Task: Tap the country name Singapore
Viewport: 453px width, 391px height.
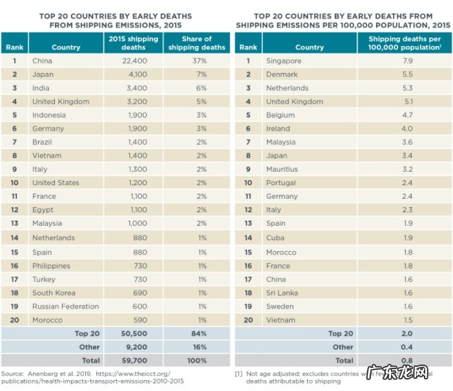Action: pos(284,61)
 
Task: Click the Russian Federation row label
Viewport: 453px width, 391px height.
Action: pos(65,306)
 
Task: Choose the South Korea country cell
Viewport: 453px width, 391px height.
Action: pos(54,293)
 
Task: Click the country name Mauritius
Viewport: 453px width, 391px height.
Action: pos(282,169)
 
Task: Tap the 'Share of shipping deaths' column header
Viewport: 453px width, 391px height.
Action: pos(196,43)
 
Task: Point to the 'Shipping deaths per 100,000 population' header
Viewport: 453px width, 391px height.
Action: pos(404,43)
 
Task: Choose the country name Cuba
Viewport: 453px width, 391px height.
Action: pos(275,238)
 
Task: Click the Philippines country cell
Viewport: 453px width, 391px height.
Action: pos(52,266)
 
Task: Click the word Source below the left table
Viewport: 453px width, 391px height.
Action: pos(12,374)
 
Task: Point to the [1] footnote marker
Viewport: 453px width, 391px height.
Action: pos(238,374)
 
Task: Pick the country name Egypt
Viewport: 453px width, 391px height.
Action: pos(43,210)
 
